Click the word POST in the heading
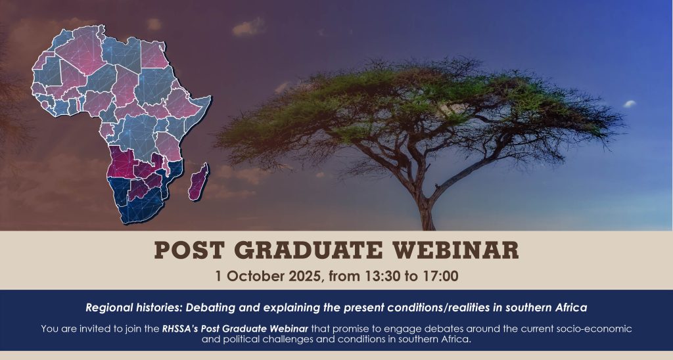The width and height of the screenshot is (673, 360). point(189,250)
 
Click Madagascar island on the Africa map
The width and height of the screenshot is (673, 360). point(198,181)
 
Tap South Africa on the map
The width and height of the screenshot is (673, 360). point(142,206)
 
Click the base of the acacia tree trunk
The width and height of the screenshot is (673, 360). point(427,227)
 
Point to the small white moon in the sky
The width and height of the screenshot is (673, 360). point(630,103)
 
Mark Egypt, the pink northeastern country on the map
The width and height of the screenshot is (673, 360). point(154,55)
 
